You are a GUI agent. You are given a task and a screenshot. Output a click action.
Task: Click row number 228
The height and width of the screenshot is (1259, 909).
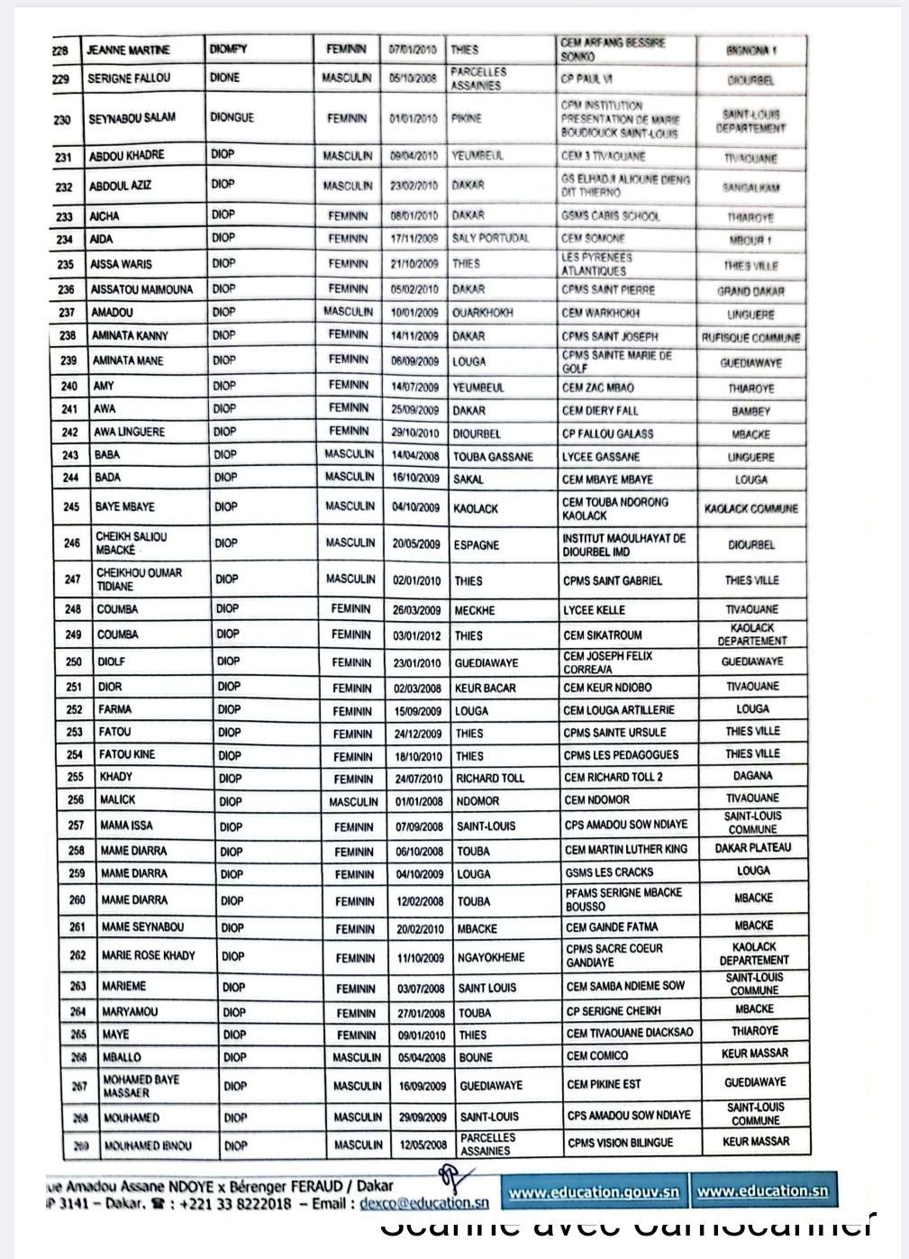tap(60, 50)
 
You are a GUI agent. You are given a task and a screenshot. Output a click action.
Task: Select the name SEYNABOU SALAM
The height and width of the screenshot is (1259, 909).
tap(132, 118)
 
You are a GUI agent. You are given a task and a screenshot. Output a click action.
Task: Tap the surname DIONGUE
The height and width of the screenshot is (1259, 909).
tap(232, 117)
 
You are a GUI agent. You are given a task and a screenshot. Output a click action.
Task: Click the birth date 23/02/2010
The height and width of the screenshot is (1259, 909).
tap(414, 186)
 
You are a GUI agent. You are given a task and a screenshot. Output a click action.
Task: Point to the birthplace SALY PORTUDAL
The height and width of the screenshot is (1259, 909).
tap(490, 239)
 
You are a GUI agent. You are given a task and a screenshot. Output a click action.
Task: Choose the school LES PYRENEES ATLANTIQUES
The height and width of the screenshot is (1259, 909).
tap(598, 264)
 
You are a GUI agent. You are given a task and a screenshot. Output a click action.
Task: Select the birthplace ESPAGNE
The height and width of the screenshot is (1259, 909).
tap(477, 545)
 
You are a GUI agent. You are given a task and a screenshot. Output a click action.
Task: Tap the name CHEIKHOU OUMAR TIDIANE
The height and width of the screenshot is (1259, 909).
tap(139, 579)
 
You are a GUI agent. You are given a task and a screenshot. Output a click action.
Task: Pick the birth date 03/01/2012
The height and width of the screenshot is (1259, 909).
tap(418, 635)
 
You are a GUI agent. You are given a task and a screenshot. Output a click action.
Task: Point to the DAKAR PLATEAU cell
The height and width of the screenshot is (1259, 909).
tap(753, 848)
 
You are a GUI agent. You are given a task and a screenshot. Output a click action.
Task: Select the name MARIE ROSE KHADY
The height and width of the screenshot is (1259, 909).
tap(148, 955)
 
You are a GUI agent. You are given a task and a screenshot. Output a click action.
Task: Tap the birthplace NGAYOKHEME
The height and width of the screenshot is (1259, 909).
tap(491, 958)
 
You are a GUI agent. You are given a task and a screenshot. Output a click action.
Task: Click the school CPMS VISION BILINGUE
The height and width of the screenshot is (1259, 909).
tap(620, 1142)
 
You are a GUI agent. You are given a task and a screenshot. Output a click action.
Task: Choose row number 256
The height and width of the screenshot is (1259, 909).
tap(76, 799)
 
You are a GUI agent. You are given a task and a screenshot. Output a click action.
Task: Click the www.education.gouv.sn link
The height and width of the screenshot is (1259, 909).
tap(594, 1191)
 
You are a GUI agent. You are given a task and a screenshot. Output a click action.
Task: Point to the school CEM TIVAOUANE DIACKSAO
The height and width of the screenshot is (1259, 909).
tap(630, 1033)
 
